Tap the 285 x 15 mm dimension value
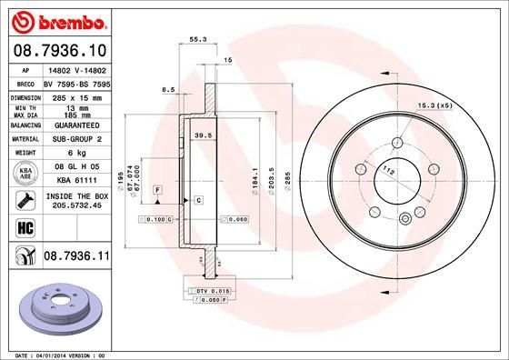(x=77, y=95)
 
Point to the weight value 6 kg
(x=77, y=153)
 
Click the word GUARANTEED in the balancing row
(x=76, y=125)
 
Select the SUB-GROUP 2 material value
(x=76, y=138)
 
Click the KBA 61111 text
(x=77, y=181)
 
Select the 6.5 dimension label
(x=168, y=90)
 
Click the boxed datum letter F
(x=157, y=188)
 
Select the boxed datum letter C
(x=197, y=199)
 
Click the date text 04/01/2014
(x=63, y=353)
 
